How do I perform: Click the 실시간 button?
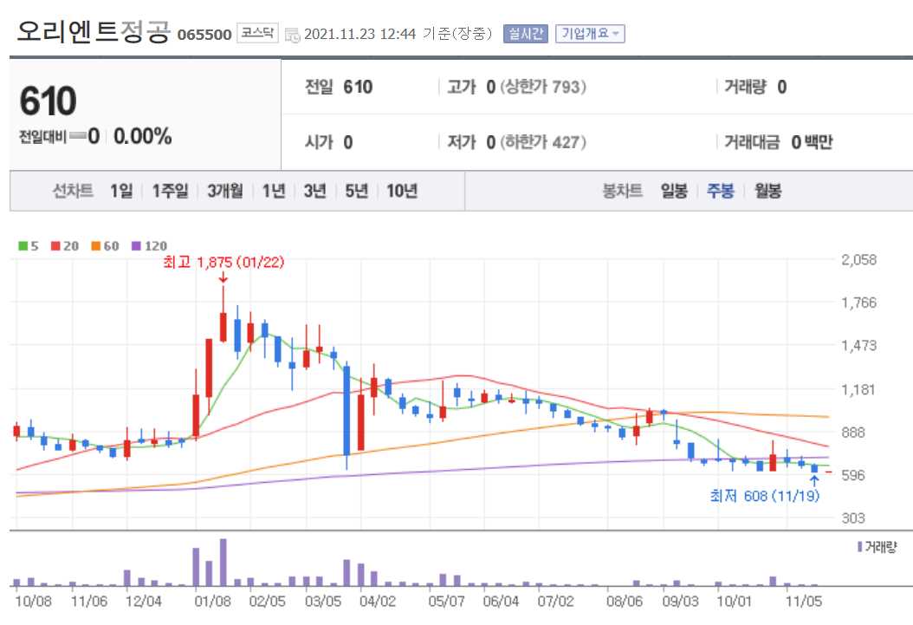point(525,34)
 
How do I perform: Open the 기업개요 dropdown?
point(589,34)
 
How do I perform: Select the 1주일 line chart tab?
point(170,192)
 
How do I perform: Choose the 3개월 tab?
point(225,192)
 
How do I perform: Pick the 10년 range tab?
point(402,192)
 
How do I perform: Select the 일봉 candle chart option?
point(674,192)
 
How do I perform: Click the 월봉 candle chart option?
point(767,192)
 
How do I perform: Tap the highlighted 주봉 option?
point(721,192)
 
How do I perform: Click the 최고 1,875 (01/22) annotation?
point(223,262)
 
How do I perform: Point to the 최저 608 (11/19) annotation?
point(762,497)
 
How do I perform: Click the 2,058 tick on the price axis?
point(859,260)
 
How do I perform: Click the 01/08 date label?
point(212,600)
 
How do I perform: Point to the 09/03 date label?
point(679,600)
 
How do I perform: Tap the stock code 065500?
point(204,35)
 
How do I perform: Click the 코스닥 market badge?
point(257,34)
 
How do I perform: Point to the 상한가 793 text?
point(543,87)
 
